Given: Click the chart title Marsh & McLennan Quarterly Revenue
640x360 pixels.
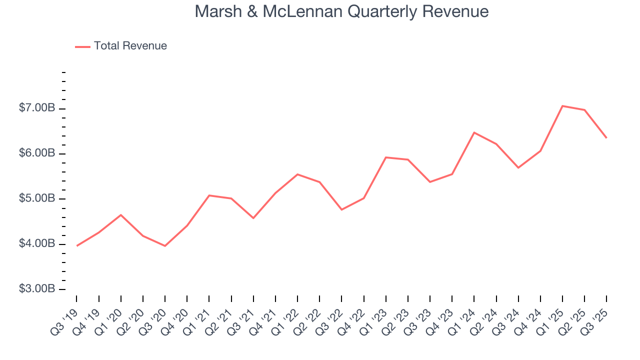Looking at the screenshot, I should pyautogui.click(x=341, y=11).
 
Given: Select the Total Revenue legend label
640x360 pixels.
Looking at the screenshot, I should pyautogui.click(x=130, y=46).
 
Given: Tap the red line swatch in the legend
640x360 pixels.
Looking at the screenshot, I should pyautogui.click(x=82, y=46).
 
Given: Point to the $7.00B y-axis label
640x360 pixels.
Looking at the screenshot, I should pyautogui.click(x=37, y=108).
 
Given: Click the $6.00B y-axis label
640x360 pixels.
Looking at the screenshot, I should pyautogui.click(x=37, y=153).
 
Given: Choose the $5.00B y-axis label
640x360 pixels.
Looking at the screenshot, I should pyautogui.click(x=37, y=199).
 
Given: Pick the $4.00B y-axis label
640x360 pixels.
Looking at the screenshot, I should pyautogui.click(x=37, y=244).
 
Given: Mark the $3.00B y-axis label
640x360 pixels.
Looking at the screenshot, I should pyautogui.click(x=37, y=289).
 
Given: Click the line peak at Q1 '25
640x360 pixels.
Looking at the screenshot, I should pyautogui.click(x=562, y=106).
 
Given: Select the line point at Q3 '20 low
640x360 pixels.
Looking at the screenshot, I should pyautogui.click(x=165, y=246).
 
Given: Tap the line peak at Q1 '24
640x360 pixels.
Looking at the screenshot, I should pyautogui.click(x=474, y=132).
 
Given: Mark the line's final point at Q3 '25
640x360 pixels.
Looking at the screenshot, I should pyautogui.click(x=606, y=137).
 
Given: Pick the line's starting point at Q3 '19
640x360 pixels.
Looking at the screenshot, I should pyautogui.click(x=76, y=245).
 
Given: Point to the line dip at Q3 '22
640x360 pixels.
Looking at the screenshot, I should pyautogui.click(x=341, y=209).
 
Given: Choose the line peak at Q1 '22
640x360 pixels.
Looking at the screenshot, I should pyautogui.click(x=297, y=174).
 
